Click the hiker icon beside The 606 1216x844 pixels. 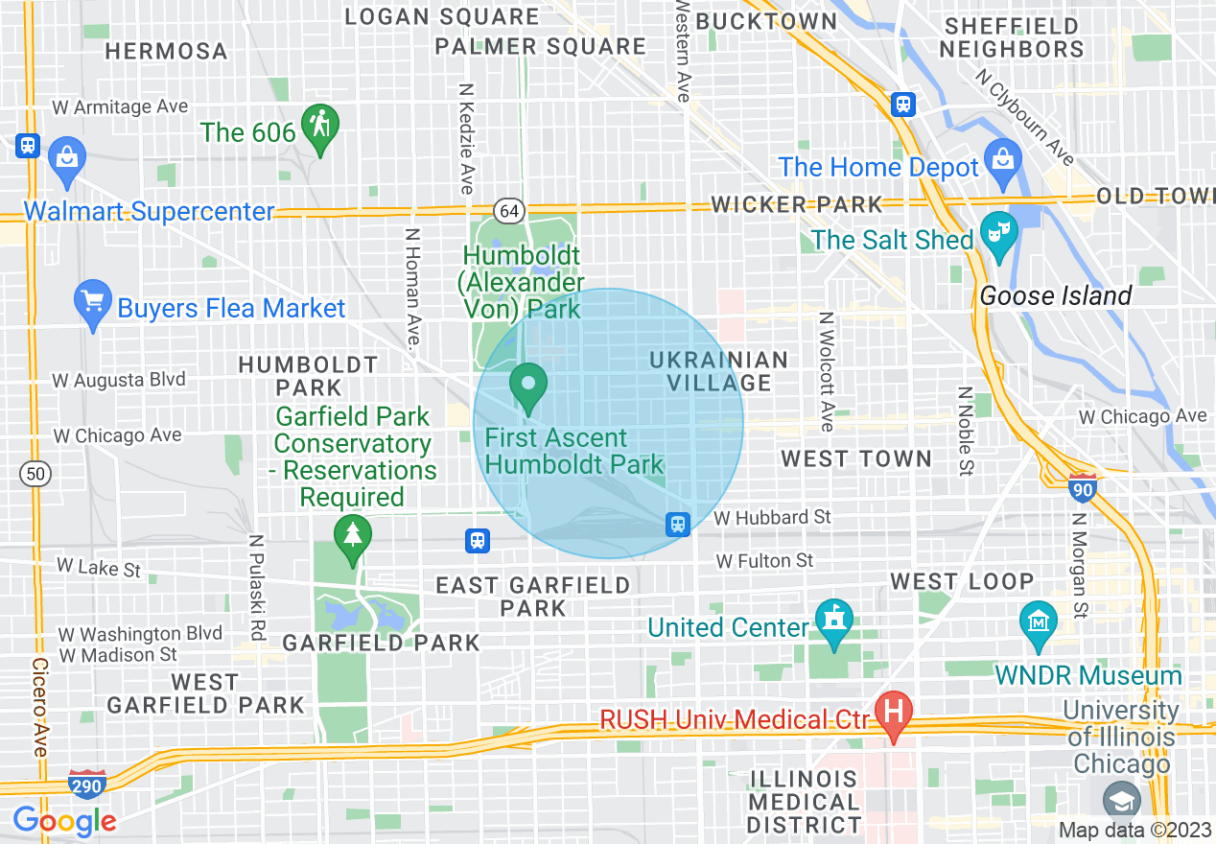320,126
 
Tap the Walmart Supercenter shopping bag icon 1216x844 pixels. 67,157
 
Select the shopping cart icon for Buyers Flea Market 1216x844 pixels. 93,301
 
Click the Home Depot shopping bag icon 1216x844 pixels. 1002,159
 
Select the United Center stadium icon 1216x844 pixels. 833,619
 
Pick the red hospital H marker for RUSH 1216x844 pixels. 894,713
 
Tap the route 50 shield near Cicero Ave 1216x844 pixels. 35,473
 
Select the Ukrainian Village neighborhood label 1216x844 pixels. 718,371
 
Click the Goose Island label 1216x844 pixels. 1055,296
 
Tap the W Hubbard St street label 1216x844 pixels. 773,517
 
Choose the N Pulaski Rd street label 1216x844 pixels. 256,587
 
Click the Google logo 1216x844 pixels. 64,821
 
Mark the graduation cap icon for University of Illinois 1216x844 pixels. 1121,800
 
